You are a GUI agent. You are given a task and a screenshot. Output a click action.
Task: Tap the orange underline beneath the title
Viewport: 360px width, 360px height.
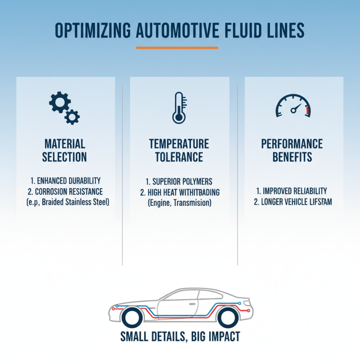tap(177, 48)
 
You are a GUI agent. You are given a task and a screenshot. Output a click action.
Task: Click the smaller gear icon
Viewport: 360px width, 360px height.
tap(72, 117)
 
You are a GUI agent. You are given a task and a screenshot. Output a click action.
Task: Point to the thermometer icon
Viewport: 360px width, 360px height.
tap(179, 108)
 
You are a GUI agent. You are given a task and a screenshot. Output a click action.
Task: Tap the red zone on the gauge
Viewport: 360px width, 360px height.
tap(307, 110)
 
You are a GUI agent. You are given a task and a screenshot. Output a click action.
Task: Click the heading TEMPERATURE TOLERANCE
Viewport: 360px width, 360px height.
tap(179, 150)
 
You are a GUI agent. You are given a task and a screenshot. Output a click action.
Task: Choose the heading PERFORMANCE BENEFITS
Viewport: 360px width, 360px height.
tap(292, 150)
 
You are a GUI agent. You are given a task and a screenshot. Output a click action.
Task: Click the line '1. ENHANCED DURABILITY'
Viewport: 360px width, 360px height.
tap(65, 181)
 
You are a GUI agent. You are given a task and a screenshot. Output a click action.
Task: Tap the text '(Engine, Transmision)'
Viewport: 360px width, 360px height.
tap(179, 203)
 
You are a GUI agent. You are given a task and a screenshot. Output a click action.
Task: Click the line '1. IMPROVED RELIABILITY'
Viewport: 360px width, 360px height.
tap(292, 191)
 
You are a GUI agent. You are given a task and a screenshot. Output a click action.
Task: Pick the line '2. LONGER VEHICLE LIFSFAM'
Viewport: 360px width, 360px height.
tap(292, 202)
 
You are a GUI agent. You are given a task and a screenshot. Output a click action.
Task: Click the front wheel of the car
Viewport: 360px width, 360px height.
tap(132, 318)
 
